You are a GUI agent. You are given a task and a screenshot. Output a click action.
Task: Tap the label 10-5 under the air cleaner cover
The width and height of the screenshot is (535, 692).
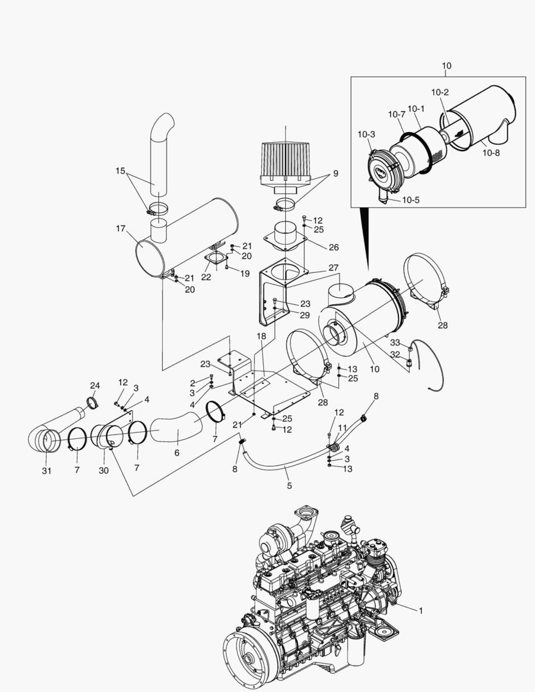tap(411, 200)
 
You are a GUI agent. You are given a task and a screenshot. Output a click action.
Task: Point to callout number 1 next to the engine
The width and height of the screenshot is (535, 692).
tap(421, 611)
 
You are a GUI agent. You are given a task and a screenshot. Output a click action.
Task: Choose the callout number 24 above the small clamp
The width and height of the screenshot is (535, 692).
tap(95, 386)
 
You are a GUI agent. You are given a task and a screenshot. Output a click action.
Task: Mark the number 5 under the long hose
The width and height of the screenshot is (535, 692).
tap(289, 486)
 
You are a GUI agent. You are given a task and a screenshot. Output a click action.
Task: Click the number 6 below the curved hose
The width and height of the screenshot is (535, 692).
tap(177, 453)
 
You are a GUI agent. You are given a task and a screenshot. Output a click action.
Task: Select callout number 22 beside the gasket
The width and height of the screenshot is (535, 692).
tap(206, 277)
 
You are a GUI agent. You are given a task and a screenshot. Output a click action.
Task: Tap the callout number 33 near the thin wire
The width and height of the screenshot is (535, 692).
tap(395, 343)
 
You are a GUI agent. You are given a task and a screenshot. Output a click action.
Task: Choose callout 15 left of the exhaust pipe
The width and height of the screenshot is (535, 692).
tap(120, 170)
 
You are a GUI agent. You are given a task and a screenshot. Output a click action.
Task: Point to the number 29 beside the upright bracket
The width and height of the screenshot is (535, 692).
tap(305, 316)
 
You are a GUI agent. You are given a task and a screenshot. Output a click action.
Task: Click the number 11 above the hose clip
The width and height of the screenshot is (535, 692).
tap(342, 427)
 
